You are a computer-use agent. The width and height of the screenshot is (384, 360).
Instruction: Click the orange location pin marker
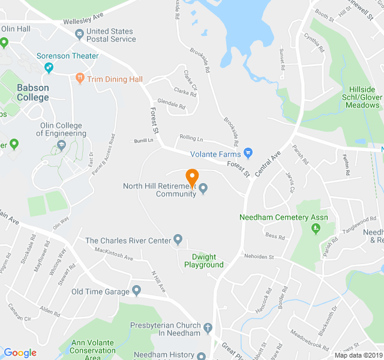pyautogui.click(x=192, y=178)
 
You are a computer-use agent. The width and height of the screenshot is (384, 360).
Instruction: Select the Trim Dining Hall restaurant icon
pyautogui.click(x=80, y=79)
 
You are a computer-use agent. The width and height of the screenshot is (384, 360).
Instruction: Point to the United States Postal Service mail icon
pyautogui.click(x=79, y=35)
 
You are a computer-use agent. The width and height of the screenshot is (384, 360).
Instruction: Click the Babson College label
pyautogui.click(x=33, y=92)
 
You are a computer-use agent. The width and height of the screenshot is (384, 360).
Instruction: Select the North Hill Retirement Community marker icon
pyautogui.click(x=203, y=190)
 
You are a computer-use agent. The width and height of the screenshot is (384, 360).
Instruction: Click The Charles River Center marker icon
pyautogui.click(x=178, y=241)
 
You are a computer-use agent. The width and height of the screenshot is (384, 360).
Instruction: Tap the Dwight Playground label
pyautogui.click(x=203, y=260)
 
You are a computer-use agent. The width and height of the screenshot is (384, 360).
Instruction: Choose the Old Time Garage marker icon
pyautogui.click(x=136, y=292)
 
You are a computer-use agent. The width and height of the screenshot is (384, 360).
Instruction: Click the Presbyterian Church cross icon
pyautogui.click(x=208, y=328)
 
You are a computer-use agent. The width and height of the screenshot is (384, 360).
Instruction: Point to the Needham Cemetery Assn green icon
pyautogui.click(x=316, y=228)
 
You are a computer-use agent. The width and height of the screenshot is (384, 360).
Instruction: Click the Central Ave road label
pyautogui.click(x=268, y=164)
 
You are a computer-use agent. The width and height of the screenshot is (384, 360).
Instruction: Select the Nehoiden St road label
pyautogui.click(x=259, y=256)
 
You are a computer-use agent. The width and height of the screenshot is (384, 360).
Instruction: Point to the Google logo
pyautogui.click(x=20, y=353)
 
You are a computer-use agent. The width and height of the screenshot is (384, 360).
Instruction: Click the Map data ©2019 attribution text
pyautogui.click(x=358, y=355)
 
